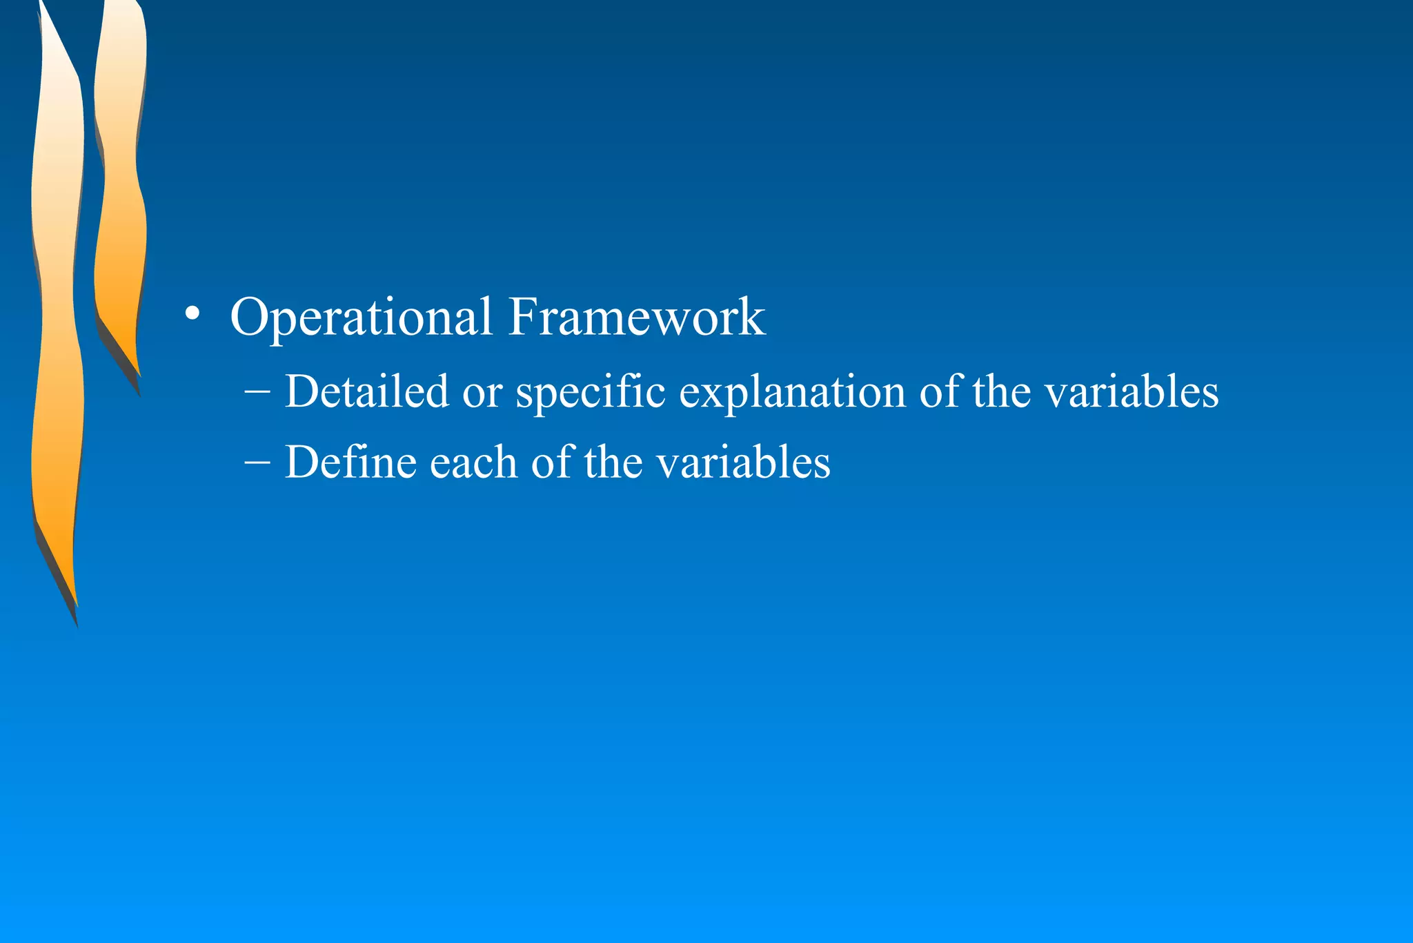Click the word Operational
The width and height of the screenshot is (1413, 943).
tap(361, 318)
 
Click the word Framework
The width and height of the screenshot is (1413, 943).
tap(637, 318)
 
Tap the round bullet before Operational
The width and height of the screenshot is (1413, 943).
tap(192, 315)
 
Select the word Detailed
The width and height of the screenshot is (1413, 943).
tap(366, 391)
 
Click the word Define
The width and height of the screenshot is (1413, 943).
tap(350, 462)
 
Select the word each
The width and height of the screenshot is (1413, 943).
tap(473, 462)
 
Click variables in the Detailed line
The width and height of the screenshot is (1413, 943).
tap(1132, 391)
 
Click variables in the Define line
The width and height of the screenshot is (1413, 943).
tap(743, 462)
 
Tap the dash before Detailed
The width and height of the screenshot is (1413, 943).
tap(257, 391)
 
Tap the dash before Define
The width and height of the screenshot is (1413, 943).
tap(257, 461)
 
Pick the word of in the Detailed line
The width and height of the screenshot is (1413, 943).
tap(939, 391)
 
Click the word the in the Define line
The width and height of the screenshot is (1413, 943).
tap(613, 462)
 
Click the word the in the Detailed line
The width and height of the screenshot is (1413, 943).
tap(1001, 391)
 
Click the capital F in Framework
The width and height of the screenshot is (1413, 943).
tap(522, 318)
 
